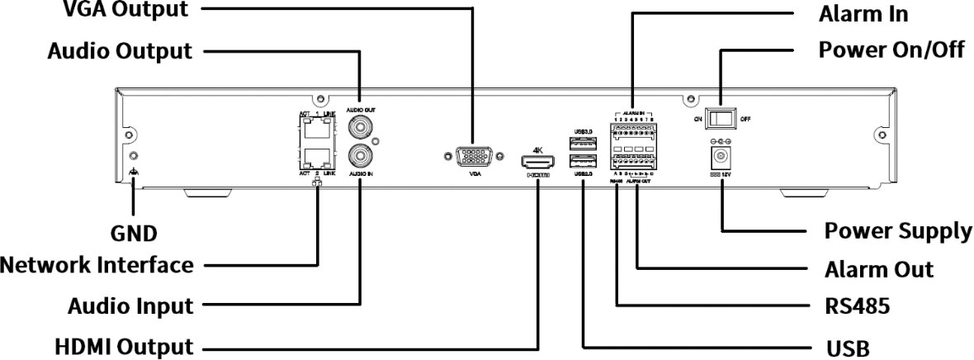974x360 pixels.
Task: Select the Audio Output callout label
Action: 120,51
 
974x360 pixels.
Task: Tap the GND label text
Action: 135,234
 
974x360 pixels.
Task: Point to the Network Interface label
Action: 97,266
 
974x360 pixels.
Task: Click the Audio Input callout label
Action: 130,306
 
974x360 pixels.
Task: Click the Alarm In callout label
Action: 863,14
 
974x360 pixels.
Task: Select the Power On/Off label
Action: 891,50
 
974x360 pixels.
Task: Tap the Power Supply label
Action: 898,231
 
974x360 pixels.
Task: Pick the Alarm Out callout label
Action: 878,270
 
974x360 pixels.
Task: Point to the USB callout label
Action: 847,348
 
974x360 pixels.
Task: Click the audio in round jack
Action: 361,155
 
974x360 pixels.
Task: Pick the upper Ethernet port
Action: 318,128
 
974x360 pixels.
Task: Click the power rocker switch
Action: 722,118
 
